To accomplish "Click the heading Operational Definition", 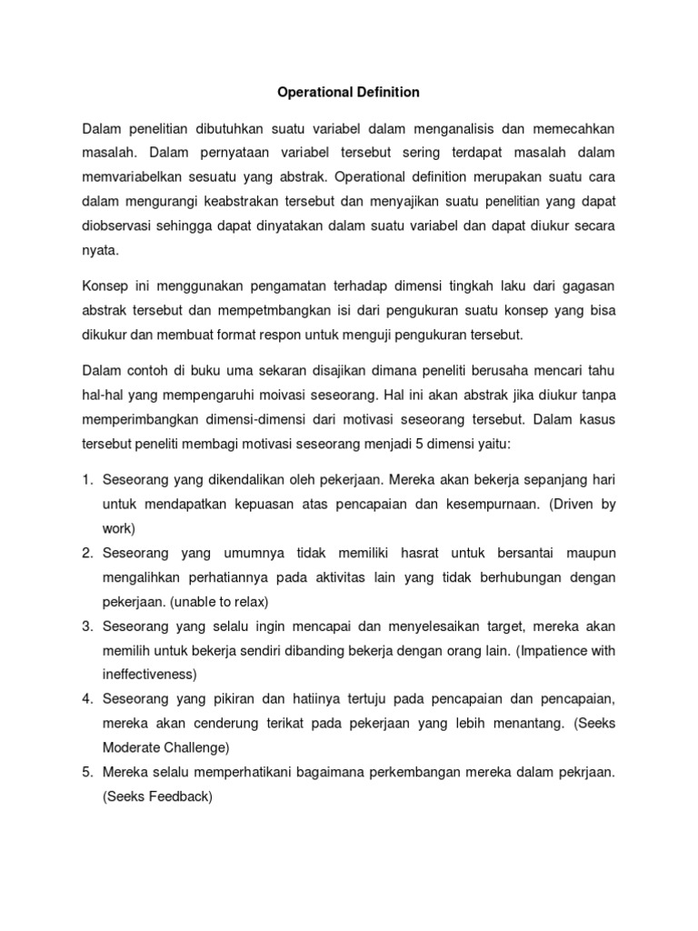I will (x=348, y=92).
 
